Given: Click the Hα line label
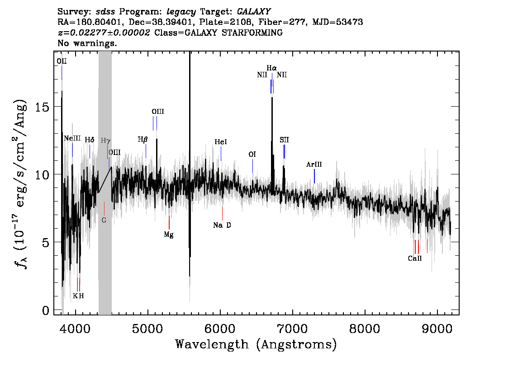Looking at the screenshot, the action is coord(271,68).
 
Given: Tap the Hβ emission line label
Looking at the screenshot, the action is coord(142,140).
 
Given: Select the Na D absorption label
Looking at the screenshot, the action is coord(222,225).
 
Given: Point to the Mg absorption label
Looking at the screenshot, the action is coord(169,235).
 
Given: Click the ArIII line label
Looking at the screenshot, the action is coord(314,164).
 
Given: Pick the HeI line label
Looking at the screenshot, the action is coord(221,142).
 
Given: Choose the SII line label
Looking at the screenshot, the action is coord(284,140).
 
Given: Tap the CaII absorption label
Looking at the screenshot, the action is coord(415,258).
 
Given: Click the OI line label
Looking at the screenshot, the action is coord(252,154).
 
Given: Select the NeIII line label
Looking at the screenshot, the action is coord(72,138).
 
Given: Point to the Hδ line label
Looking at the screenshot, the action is coord(90,140).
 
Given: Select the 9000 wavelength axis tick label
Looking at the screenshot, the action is coord(437,328).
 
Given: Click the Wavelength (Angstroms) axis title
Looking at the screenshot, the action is coord(256,344).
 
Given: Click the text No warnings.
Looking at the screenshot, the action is coord(87,43).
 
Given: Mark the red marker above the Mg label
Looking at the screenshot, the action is coord(169,223).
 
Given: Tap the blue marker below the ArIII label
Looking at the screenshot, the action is coord(314,176).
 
